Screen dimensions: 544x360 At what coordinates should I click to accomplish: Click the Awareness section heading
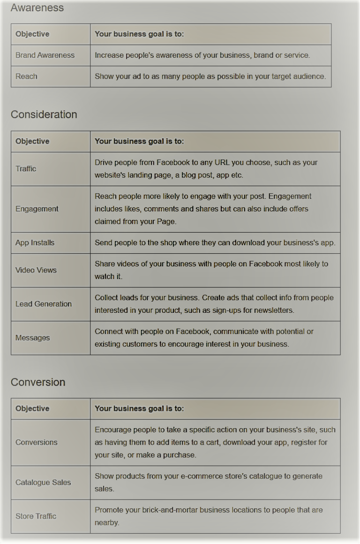pos(37,8)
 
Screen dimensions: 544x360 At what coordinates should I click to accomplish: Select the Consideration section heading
pos(44,114)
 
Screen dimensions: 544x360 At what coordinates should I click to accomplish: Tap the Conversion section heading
pos(38,382)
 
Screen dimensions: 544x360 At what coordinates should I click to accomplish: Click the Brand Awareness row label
pos(45,55)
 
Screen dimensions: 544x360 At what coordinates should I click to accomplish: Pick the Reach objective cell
pos(26,76)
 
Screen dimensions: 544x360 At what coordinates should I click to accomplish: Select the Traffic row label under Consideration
pos(26,169)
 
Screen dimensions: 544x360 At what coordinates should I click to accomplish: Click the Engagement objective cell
pos(37,209)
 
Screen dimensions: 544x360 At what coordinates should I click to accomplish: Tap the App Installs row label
pos(35,243)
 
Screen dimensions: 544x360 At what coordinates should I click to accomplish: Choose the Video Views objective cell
pos(36,270)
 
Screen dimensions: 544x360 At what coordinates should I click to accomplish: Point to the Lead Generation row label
pos(44,304)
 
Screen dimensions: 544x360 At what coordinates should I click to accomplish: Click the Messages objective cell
pos(32,338)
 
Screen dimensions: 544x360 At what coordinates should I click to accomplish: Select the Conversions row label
pos(36,442)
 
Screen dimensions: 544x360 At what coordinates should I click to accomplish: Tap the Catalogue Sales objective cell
pos(43,483)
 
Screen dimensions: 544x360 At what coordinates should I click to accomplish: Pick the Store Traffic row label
pos(36,516)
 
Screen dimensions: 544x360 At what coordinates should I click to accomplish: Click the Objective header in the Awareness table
pos(32,34)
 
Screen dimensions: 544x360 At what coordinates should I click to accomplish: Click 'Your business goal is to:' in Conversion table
pos(139,409)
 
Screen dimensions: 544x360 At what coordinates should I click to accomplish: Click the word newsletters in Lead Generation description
pos(273,310)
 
